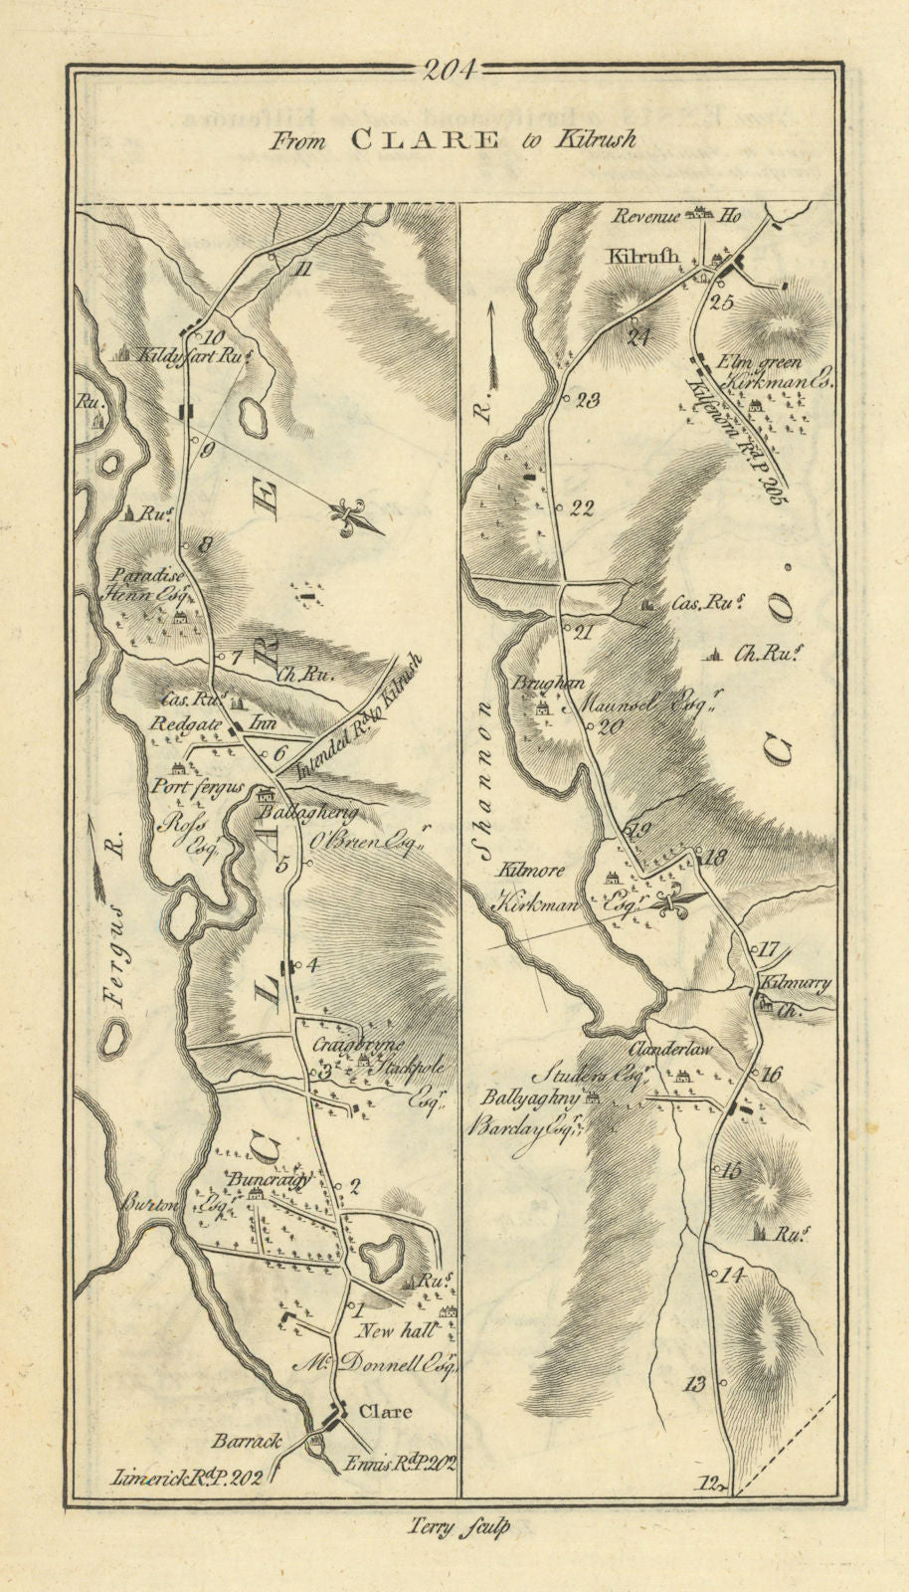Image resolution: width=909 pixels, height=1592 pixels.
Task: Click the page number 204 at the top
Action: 450,69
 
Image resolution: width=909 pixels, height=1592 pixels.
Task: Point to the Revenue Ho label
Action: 677,215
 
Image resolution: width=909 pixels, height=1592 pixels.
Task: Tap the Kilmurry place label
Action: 795,983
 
